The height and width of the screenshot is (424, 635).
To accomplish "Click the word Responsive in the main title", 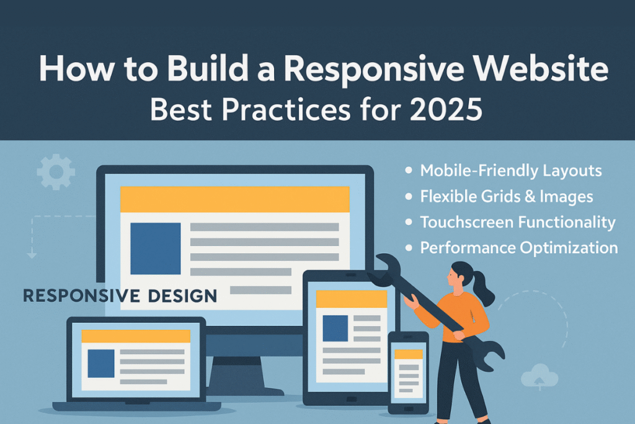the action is [x=373, y=70].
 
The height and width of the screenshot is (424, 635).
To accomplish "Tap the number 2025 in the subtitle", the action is [x=446, y=109].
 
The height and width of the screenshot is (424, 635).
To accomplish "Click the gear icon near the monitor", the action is [x=56, y=172].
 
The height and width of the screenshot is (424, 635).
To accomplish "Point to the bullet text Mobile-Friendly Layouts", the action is [x=511, y=171].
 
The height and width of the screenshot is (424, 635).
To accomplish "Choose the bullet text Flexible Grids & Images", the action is [x=506, y=197].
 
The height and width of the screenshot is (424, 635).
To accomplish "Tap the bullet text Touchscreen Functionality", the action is [x=518, y=222].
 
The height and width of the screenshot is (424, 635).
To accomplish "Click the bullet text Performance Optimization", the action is [x=519, y=248].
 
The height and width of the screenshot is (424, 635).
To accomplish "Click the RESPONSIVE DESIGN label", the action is [x=120, y=296].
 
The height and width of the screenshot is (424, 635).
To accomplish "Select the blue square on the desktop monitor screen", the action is [x=156, y=248].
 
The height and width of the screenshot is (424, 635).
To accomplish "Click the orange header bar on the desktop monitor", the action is [x=235, y=199].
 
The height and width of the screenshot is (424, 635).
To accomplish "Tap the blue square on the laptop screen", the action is [x=101, y=364].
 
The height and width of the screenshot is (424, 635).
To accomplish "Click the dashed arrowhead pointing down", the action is [x=32, y=255].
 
